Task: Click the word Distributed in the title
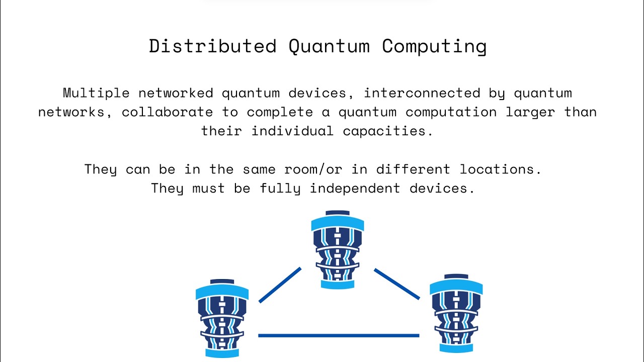pos(212,46)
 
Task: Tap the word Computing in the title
pos(434,46)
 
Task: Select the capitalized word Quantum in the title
pos(329,46)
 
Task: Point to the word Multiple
pos(96,93)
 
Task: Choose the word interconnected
pos(422,93)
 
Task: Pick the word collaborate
pos(167,112)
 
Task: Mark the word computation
pos(451,112)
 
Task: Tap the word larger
pos(530,112)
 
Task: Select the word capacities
pos(388,131)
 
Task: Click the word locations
pos(501,169)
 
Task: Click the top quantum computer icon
pos(338,250)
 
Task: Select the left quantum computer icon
pos(222,318)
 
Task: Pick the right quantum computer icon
pos(456,313)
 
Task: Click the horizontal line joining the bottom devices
pos(338,335)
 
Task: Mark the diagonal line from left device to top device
pos(280,285)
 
